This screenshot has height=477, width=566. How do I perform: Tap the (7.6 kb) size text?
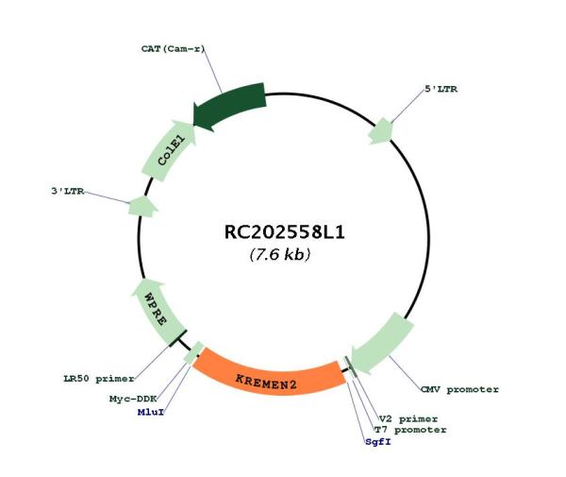[x=280, y=255]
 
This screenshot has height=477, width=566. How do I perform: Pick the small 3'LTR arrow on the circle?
[x=142, y=206]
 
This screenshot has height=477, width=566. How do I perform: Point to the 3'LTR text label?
[x=68, y=191]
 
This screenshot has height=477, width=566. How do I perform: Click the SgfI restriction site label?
[x=378, y=441]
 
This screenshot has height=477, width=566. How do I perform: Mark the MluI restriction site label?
[x=149, y=413]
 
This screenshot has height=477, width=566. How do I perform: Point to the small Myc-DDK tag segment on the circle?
[x=197, y=353]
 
